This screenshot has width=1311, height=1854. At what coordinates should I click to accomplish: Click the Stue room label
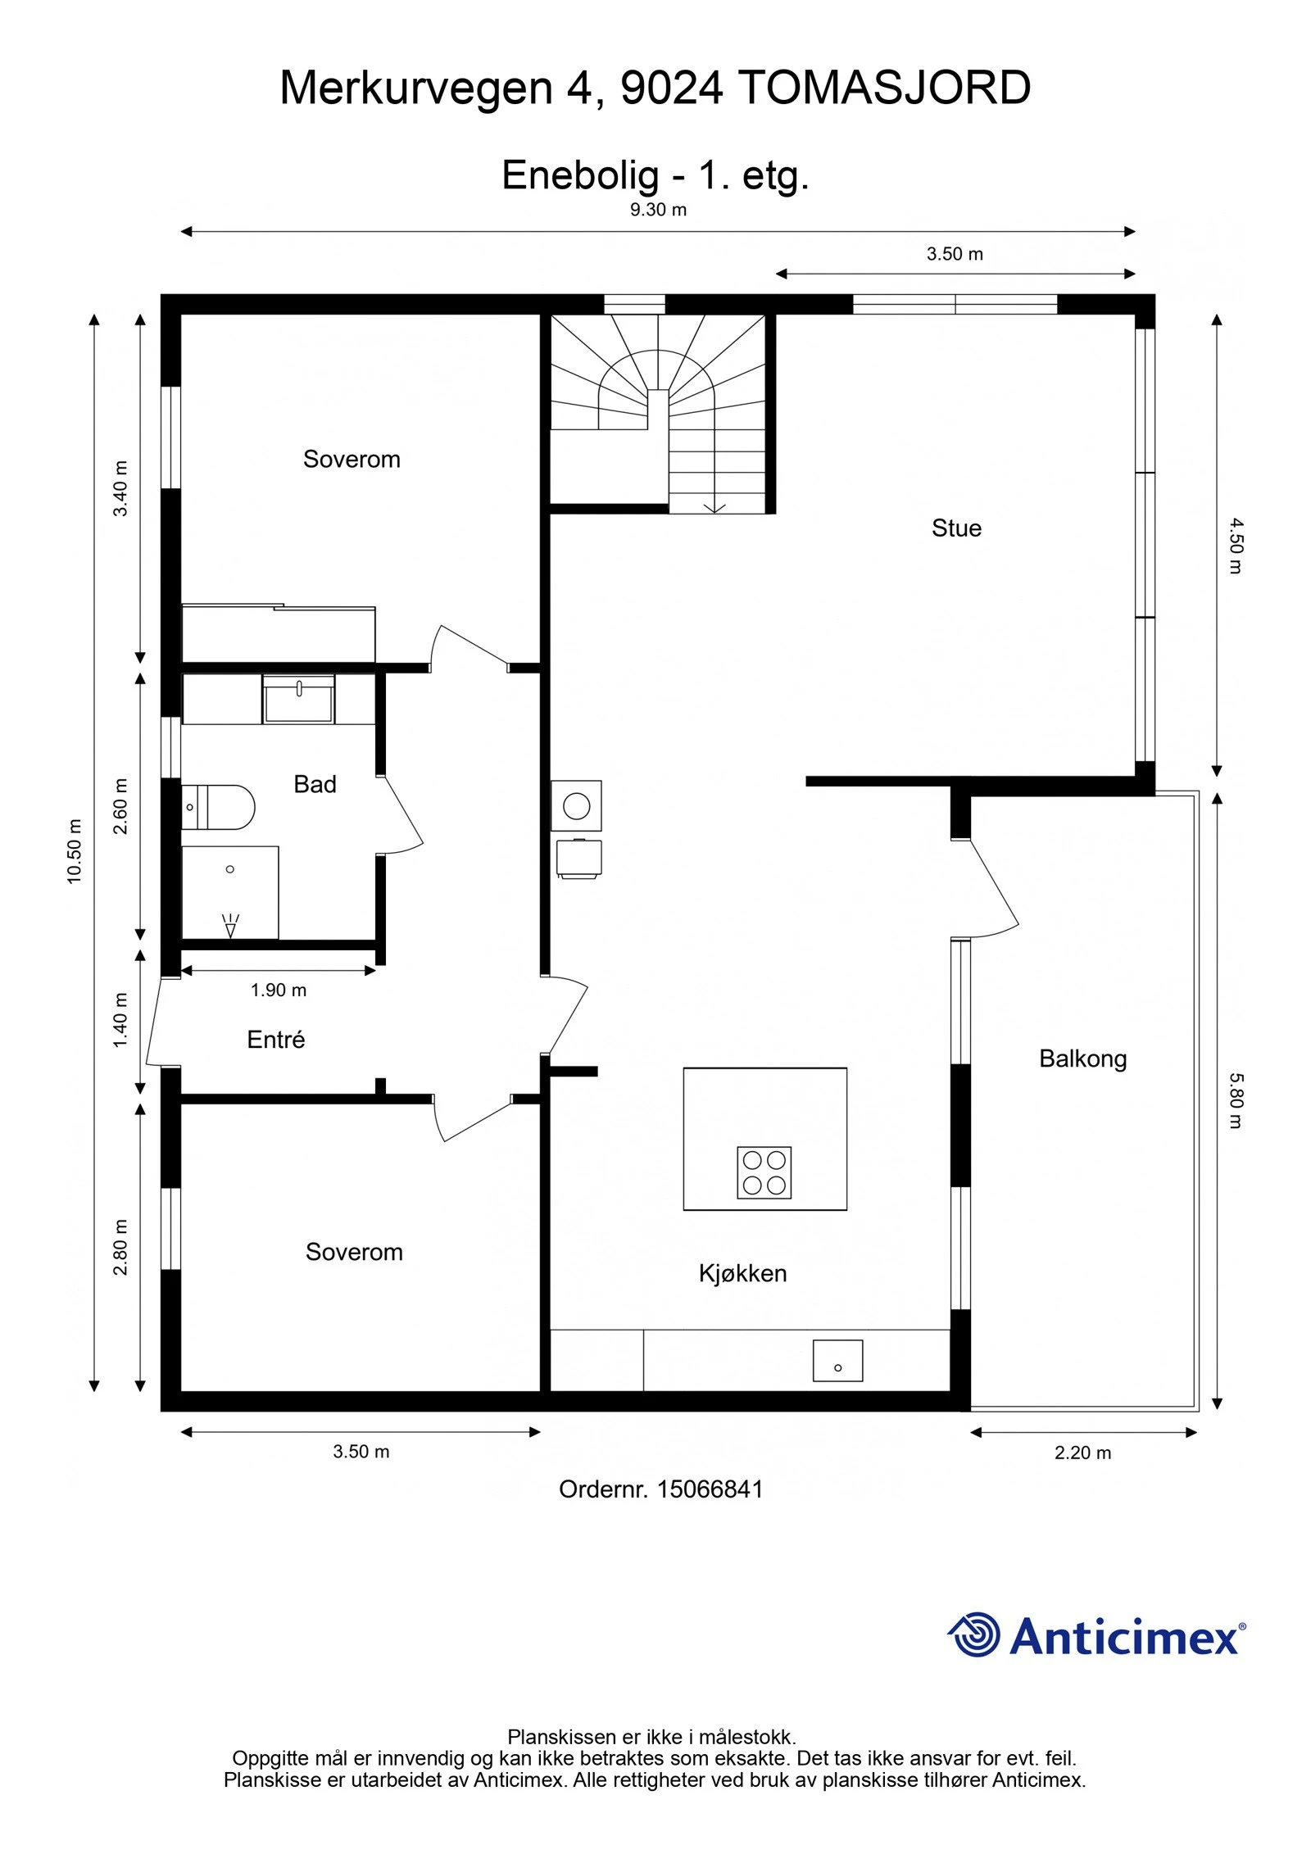pos(955,528)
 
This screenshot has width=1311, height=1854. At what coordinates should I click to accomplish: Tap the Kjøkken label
pos(742,1273)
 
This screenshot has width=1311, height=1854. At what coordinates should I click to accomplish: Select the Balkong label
pos(1082,1058)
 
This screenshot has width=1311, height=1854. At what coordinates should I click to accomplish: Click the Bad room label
pos(315,784)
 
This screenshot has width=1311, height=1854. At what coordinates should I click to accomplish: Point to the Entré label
pos(275,1040)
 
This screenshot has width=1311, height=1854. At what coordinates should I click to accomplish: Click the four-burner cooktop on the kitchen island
pos(764,1172)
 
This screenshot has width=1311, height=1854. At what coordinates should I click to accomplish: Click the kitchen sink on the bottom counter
pos(837,1361)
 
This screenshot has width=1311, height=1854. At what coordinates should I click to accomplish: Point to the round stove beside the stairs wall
pos(576,806)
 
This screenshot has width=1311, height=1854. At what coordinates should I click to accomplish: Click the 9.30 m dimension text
pos(658,210)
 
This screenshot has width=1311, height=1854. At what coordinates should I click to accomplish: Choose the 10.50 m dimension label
pos(75,851)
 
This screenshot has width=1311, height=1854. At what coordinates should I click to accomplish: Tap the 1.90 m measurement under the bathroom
pos(279,990)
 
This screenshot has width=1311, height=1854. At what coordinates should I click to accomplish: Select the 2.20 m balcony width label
pos(1082,1453)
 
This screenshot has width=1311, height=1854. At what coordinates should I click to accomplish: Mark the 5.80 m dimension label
pos(1236,1101)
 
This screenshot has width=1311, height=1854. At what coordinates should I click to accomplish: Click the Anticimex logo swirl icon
pos(975,1634)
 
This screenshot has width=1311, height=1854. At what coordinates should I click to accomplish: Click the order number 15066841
pos(710,1489)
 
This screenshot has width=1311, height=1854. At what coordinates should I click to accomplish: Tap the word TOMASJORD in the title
pos(884,88)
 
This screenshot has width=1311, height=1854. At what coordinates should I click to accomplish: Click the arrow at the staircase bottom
pos(714,507)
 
